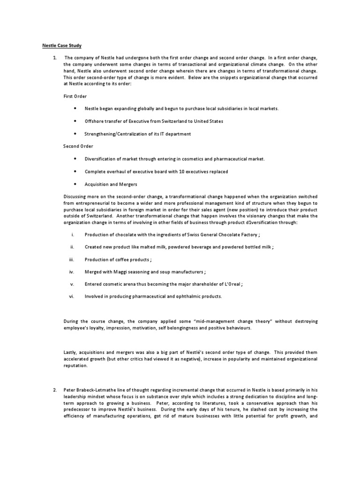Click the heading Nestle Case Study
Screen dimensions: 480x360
pyautogui.click(x=60, y=45)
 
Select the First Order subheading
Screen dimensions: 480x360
pyautogui.click(x=75, y=96)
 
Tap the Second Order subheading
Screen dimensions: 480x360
pyautogui.click(x=78, y=146)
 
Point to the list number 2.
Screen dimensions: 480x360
pyautogui.click(x=55, y=390)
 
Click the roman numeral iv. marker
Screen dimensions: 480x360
pyautogui.click(x=72, y=271)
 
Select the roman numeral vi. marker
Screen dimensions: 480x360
pyautogui.click(x=72, y=296)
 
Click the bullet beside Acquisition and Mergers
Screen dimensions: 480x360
pyautogui.click(x=75, y=184)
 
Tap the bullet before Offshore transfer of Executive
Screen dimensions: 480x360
pyautogui.click(x=75, y=121)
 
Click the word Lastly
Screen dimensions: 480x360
pyautogui.click(x=71, y=352)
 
